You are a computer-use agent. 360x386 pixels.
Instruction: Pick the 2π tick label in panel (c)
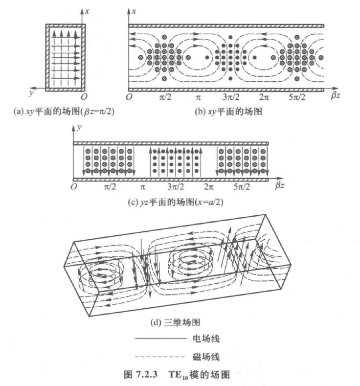click(x=210, y=186)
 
